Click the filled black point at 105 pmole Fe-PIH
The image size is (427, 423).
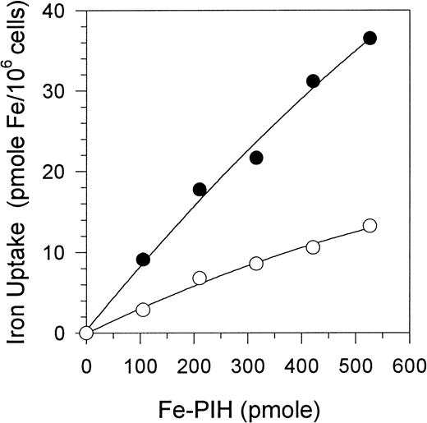click(143, 260)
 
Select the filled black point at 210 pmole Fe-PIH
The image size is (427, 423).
click(200, 189)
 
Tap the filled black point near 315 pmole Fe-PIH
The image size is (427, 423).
click(256, 158)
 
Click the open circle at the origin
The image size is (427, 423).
click(86, 333)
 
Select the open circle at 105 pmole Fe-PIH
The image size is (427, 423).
click(143, 310)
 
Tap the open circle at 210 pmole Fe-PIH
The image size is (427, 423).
click(200, 278)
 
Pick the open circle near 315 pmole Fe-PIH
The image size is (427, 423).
click(256, 263)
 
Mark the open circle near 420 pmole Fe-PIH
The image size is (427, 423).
click(313, 246)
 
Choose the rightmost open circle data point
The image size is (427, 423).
click(370, 225)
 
